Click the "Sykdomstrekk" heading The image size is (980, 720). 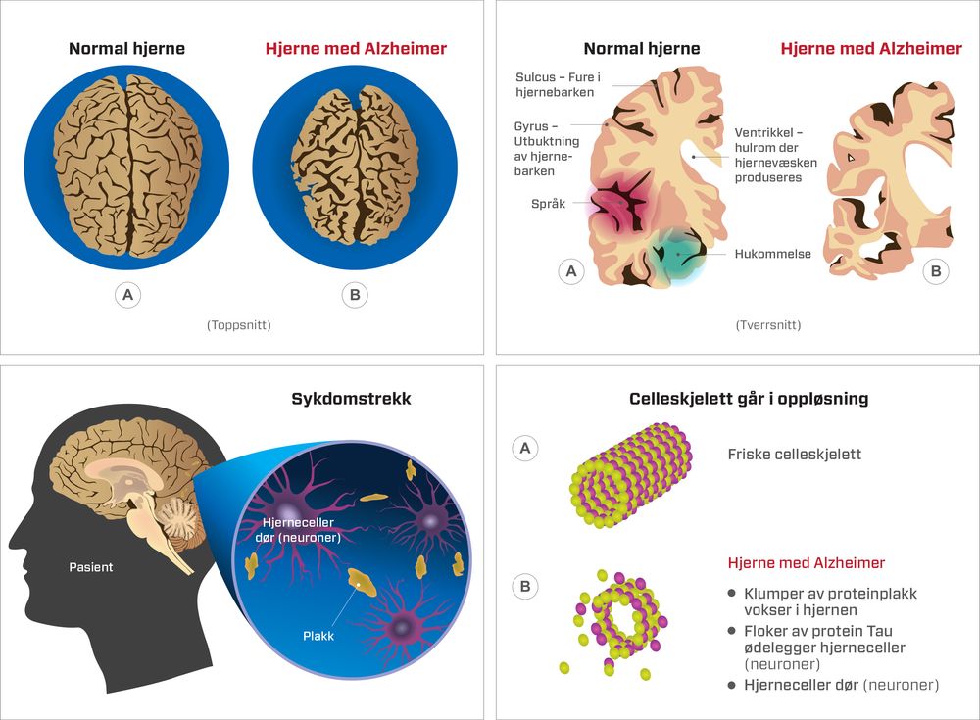(351, 399)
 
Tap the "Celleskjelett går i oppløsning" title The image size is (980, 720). (749, 399)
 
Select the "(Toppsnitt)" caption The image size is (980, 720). (239, 325)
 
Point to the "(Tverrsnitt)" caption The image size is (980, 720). (768, 325)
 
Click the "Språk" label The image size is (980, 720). (548, 203)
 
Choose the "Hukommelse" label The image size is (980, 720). (772, 254)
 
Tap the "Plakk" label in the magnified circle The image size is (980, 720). (318, 636)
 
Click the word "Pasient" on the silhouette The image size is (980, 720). (90, 567)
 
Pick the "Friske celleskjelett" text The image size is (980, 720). (795, 454)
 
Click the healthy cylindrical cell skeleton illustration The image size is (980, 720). (631, 475)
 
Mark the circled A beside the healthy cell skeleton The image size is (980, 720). (525, 448)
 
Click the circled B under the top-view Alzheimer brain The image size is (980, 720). (355, 295)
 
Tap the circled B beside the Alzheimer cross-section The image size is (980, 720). (936, 271)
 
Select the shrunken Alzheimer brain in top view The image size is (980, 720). (355, 166)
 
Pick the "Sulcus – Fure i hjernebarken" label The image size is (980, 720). (558, 84)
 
